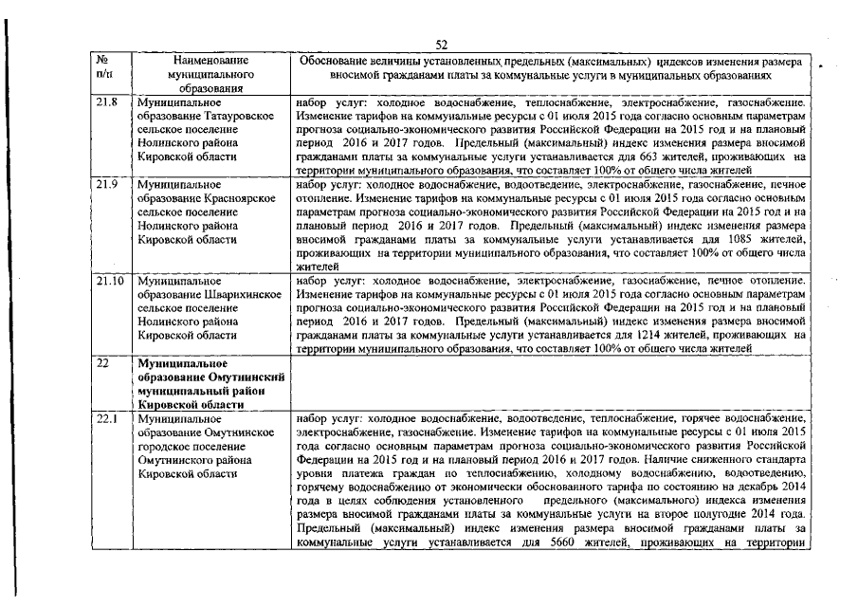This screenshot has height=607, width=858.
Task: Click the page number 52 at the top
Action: click(x=441, y=44)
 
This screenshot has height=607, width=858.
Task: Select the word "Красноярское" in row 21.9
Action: click(x=235, y=198)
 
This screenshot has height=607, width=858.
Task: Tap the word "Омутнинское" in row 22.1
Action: click(x=232, y=432)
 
